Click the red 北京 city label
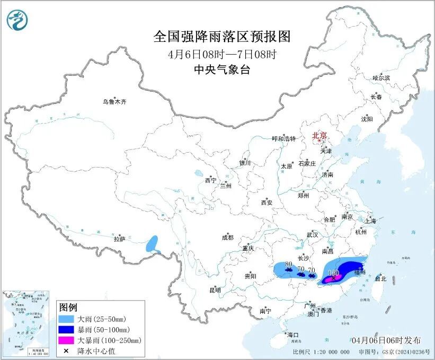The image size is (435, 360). tap(319, 135)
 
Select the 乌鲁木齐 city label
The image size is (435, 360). tap(115, 101)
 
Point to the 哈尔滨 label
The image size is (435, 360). tap(380, 78)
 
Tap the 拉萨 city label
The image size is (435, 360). tap(119, 239)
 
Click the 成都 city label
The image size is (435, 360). tap(228, 238)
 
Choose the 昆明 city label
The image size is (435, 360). tap(215, 290)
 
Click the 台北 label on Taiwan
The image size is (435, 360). tap(380, 278)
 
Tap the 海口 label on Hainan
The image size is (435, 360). tap(293, 335)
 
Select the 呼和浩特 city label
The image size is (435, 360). tap(282, 139)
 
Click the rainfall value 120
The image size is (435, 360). tap(333, 273)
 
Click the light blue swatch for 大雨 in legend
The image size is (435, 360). tap(67, 320)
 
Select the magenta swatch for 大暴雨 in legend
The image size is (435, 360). tap(67, 340)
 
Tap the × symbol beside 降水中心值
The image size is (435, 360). tap(67, 350)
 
